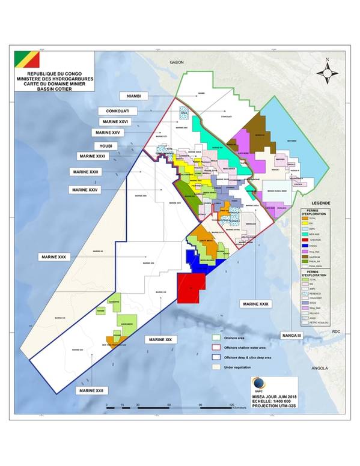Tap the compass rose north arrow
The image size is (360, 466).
(x=327, y=71)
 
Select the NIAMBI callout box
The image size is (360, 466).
(x=135, y=96)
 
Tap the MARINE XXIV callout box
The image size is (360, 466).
(x=85, y=189)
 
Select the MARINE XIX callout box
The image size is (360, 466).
(x=160, y=340)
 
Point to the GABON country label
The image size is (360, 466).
(x=177, y=62)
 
